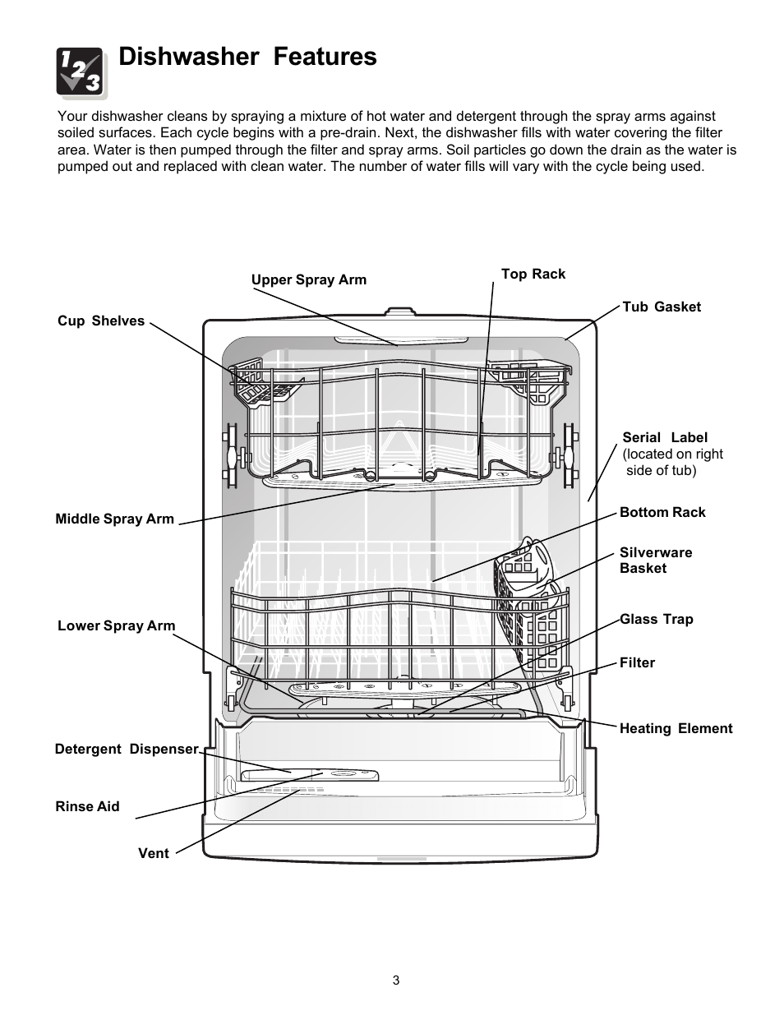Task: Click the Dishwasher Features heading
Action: [247, 57]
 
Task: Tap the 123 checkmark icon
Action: [80, 72]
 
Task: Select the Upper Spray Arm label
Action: [308, 279]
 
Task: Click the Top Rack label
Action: [533, 274]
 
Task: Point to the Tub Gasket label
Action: [661, 307]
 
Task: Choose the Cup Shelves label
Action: [101, 321]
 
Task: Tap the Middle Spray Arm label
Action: [114, 519]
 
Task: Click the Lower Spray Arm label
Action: [116, 625]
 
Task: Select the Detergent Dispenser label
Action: [127, 749]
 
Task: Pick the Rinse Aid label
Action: [87, 806]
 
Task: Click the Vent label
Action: [153, 853]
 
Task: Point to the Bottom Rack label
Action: [662, 512]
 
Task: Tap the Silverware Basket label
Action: [655, 560]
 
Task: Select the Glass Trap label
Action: [656, 619]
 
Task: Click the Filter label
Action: [637, 662]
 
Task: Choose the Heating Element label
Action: [676, 728]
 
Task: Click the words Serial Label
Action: [664, 438]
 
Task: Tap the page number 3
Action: [396, 980]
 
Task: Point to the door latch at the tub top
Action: [399, 313]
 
